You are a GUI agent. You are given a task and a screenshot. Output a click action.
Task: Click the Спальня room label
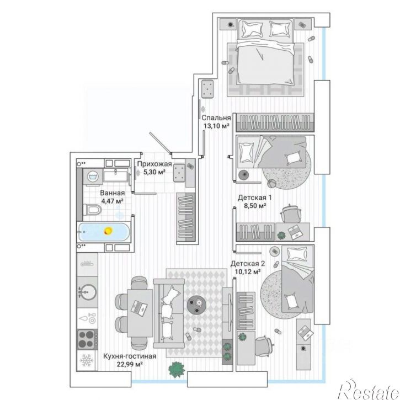click(216, 118)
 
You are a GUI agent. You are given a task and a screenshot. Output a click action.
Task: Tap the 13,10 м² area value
click(216, 126)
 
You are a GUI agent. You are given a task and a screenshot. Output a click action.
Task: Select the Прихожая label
click(154, 164)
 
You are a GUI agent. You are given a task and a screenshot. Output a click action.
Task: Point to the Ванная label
click(112, 193)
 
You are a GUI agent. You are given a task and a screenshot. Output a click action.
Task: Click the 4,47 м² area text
click(113, 201)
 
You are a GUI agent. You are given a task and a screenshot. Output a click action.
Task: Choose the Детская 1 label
click(254, 198)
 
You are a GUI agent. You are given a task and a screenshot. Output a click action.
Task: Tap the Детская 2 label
click(248, 264)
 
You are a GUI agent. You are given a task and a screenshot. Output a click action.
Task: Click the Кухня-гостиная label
click(130, 356)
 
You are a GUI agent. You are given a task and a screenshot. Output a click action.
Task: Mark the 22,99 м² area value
click(130, 364)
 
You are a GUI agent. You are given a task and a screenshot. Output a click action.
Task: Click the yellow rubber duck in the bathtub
click(108, 231)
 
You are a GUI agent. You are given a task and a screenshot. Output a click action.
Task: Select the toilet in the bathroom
click(92, 210)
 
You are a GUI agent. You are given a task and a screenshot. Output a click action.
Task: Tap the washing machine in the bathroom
click(93, 176)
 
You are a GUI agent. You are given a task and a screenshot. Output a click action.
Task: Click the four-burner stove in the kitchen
click(87, 339)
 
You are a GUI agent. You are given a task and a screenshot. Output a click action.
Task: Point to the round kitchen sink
click(88, 292)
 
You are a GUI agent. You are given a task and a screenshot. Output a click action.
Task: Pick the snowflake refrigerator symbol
click(87, 360)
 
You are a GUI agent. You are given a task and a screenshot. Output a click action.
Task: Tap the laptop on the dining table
click(139, 308)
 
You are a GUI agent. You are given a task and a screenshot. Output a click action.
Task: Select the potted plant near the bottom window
click(177, 370)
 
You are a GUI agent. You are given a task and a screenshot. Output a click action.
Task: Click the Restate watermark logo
click(368, 389)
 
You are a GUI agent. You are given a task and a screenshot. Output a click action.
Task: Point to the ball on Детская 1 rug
click(271, 183)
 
